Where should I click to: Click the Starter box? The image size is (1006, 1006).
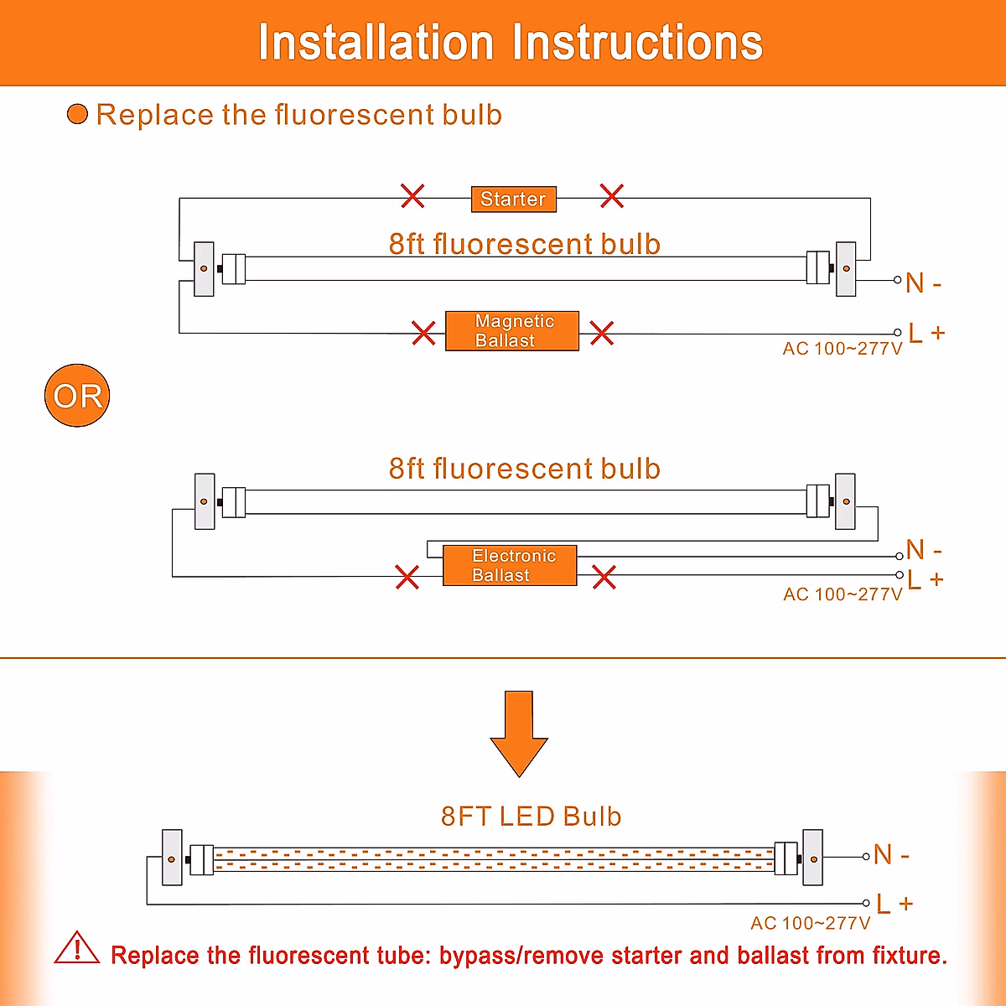pos(514,199)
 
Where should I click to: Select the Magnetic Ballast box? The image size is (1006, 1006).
pos(512,331)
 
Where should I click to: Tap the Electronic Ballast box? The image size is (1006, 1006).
pos(510,565)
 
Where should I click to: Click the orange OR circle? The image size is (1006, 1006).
pos(77,395)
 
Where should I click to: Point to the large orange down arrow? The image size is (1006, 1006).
pos(519,734)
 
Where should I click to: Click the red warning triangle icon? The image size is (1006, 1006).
pos(77,947)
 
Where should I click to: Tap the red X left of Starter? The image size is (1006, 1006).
pos(412,196)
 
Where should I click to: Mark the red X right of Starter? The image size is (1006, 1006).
pos(612,196)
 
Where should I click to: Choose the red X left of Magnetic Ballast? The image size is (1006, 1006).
pos(423,333)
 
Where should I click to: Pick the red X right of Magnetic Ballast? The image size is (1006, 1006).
pos(601,333)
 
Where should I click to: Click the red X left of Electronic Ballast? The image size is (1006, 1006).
pos(407,577)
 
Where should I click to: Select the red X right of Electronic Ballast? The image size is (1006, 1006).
pos(604,577)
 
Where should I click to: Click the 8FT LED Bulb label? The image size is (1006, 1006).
pos(531,817)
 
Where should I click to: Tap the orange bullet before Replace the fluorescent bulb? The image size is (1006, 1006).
pos(77,114)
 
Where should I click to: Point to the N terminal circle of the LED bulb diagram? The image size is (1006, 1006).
pos(865,857)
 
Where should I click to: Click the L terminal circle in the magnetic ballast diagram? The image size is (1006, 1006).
pos(897,333)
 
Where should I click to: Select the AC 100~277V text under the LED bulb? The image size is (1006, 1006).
pos(810,923)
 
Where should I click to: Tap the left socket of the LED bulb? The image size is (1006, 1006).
pos(172,858)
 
